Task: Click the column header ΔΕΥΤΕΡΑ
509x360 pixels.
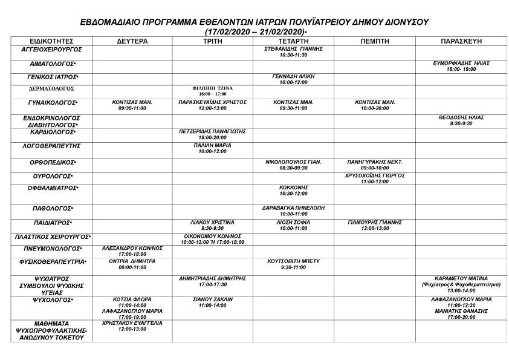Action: click(x=132, y=41)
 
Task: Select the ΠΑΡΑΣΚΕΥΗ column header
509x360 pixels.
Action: click(x=461, y=41)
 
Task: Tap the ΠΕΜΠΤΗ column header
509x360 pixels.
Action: click(x=374, y=41)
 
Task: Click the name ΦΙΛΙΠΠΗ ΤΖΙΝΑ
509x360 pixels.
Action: click(x=212, y=88)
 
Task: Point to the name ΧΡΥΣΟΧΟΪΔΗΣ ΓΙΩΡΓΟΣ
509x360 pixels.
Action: click(x=374, y=175)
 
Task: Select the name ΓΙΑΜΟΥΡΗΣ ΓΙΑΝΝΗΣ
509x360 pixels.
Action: click(x=374, y=222)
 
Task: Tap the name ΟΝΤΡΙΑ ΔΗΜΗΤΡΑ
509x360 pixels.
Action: click(x=132, y=261)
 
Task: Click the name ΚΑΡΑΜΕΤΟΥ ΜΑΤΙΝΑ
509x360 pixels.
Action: click(x=461, y=278)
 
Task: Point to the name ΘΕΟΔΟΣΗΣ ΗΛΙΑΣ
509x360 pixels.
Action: click(x=461, y=117)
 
